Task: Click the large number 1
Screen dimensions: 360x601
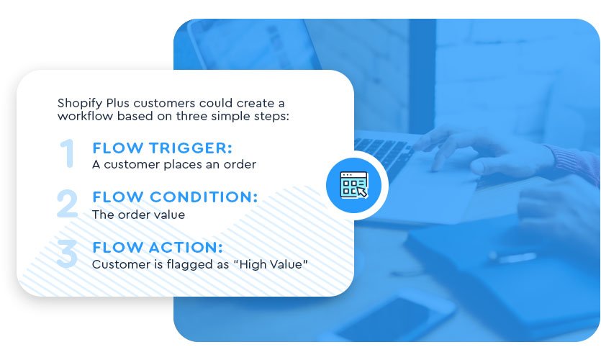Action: pos(68,153)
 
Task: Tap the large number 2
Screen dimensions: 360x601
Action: pos(68,203)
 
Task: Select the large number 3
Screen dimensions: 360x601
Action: pos(67,253)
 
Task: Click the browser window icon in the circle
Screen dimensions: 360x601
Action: pos(352,185)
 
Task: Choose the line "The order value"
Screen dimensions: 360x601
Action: pos(138,215)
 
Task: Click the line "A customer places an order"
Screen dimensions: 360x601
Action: pos(174,164)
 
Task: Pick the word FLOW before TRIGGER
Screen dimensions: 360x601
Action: pos(115,148)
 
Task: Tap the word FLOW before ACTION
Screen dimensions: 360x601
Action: pos(115,248)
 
